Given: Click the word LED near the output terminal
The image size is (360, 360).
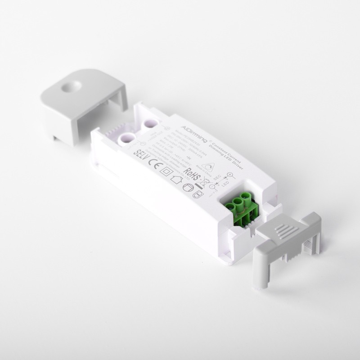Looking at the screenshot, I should point(226,184).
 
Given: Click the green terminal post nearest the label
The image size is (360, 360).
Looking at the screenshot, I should point(228,207).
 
